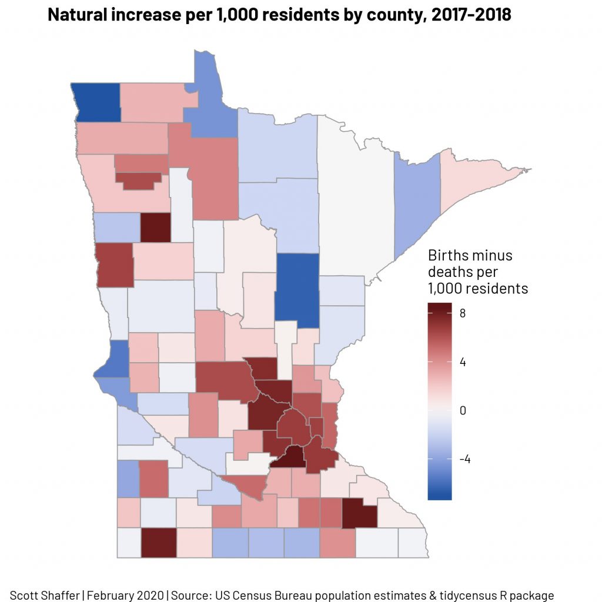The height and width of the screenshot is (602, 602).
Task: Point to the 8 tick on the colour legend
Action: coord(463,313)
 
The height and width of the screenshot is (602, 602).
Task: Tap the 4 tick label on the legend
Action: coord(463,362)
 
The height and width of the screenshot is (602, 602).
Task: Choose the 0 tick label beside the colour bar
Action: coord(463,410)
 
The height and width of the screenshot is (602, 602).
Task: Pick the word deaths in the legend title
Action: coord(450,272)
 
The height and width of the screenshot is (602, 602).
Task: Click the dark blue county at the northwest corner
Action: coord(97,102)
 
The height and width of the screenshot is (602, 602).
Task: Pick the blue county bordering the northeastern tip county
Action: coord(417,200)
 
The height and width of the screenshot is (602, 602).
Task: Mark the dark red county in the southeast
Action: coord(359,513)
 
